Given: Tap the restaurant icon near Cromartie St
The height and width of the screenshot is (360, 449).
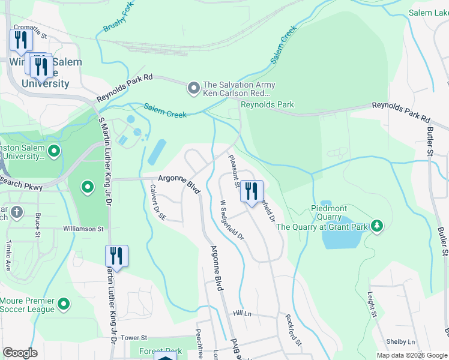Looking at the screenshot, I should coord(21,40).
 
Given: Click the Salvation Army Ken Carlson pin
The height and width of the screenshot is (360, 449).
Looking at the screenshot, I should coord(193,89).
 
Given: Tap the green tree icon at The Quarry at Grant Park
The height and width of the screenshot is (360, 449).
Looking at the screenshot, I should coord(376,226).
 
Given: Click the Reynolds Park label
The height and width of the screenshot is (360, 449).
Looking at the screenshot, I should coord(267,104).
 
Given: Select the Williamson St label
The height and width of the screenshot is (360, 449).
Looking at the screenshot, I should coord(83,229).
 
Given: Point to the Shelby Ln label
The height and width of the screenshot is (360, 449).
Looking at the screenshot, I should coord(400,341).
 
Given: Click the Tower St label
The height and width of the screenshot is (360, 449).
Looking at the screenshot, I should coord(134,338).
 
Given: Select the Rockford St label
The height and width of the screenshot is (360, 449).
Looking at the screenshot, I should coord(293,329).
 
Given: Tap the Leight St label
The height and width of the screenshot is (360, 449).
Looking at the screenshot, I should coord(372,305).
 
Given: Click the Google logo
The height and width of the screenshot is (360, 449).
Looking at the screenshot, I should coord(20,353).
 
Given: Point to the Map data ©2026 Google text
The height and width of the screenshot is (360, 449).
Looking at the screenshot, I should coord(411,355).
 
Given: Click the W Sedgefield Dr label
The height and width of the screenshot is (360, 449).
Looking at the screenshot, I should coord(232,220).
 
